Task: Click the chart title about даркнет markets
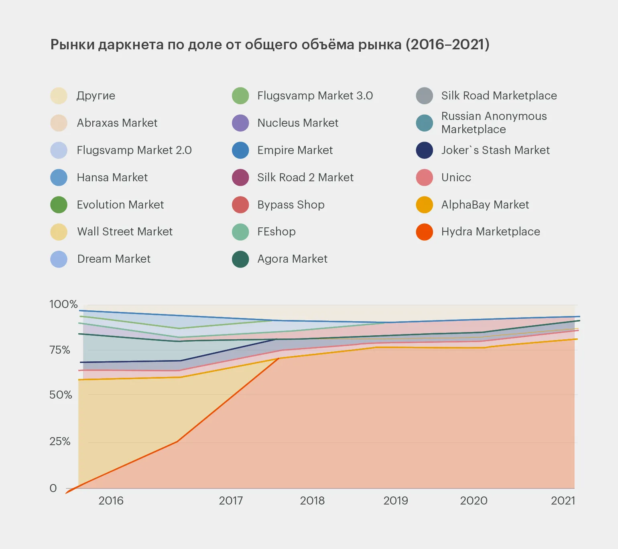point(270,45)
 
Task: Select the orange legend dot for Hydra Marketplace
point(424,232)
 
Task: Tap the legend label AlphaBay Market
point(485,205)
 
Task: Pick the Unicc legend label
point(456,177)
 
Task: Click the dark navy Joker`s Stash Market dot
point(424,150)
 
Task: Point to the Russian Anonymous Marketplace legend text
point(494,122)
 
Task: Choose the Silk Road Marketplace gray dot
point(424,96)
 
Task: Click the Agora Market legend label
point(292,259)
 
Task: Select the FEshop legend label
point(276,232)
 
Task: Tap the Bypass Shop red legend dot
point(240,205)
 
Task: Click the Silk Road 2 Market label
point(305,177)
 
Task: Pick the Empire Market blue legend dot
point(240,150)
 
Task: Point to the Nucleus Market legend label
point(298,123)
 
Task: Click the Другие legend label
point(96,96)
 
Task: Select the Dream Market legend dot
point(59,259)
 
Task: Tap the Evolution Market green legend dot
point(59,205)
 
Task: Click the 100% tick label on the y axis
point(63,304)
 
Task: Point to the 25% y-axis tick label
point(60,442)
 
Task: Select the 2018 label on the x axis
point(312,500)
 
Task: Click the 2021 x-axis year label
point(563,500)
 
